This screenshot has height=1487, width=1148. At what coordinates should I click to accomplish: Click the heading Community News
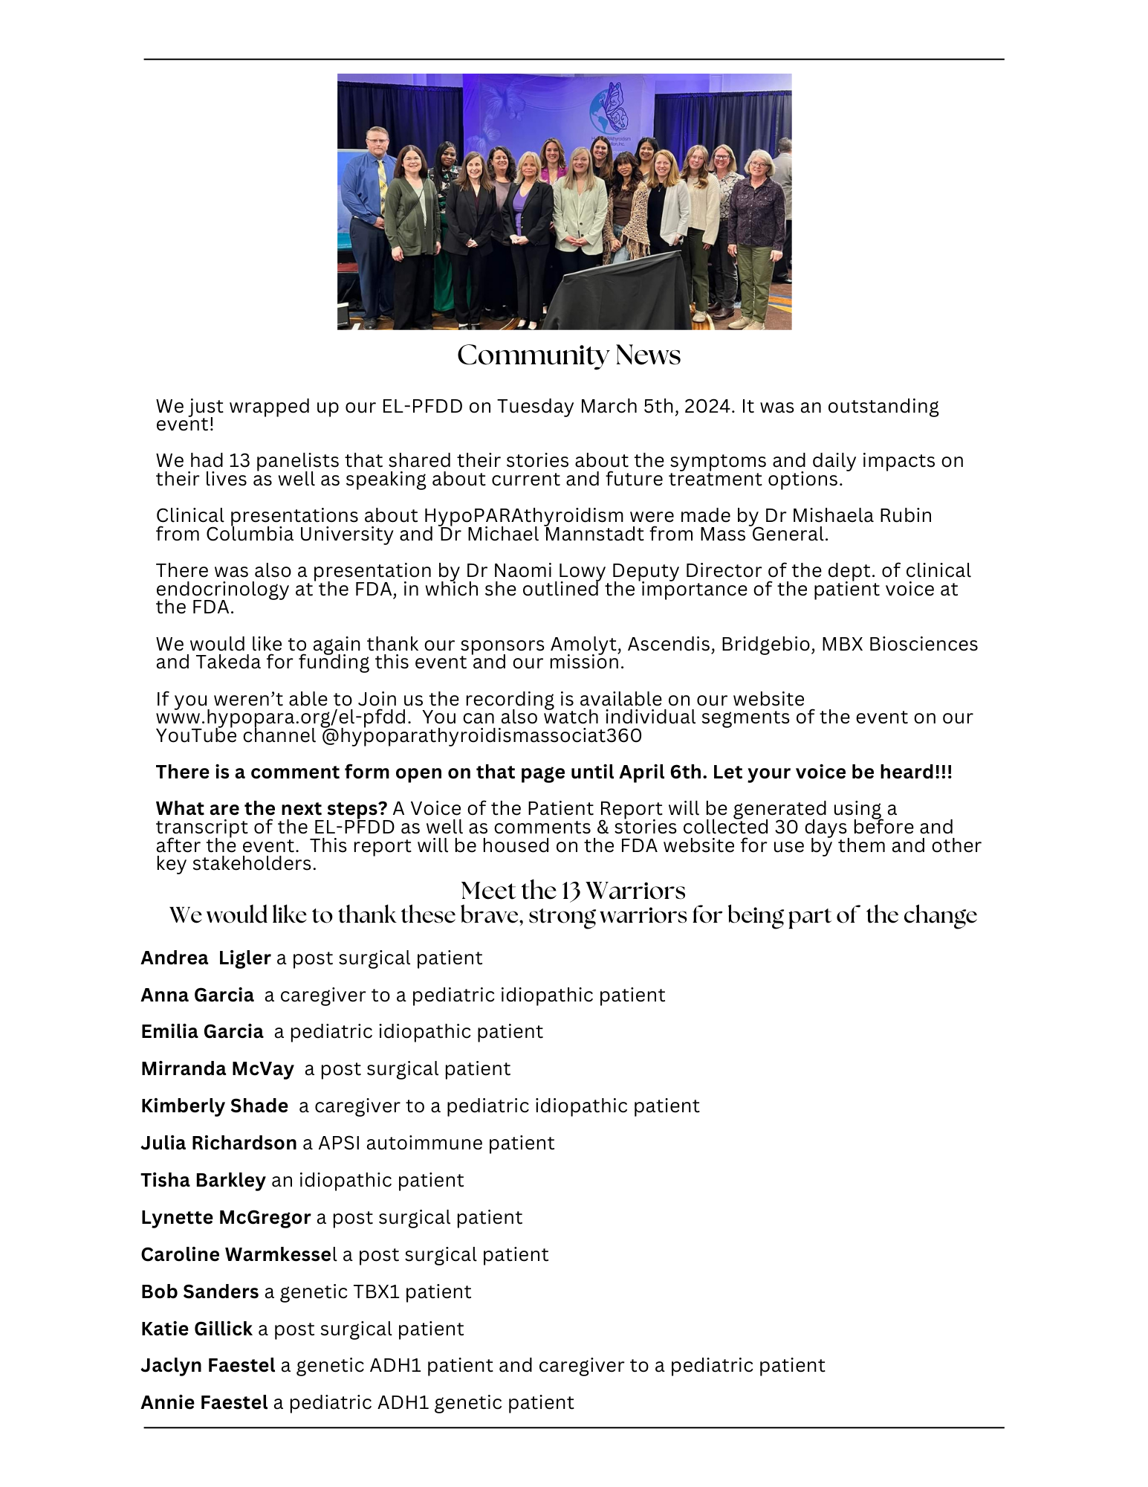(568, 355)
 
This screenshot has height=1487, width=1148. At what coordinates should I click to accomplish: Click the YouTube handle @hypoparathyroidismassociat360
(481, 736)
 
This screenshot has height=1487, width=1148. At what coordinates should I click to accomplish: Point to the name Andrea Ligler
(206, 958)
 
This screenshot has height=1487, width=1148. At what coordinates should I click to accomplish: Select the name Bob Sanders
(200, 1291)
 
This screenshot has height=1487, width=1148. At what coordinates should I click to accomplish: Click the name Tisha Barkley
(203, 1180)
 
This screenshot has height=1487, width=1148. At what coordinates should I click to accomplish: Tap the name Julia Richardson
(218, 1143)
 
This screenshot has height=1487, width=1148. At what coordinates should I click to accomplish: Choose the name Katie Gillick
(197, 1329)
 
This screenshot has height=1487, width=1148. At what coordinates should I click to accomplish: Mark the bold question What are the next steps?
(271, 809)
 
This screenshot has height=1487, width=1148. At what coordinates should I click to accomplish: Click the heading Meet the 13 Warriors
(573, 890)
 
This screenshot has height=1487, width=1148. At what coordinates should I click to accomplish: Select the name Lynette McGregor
(226, 1217)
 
